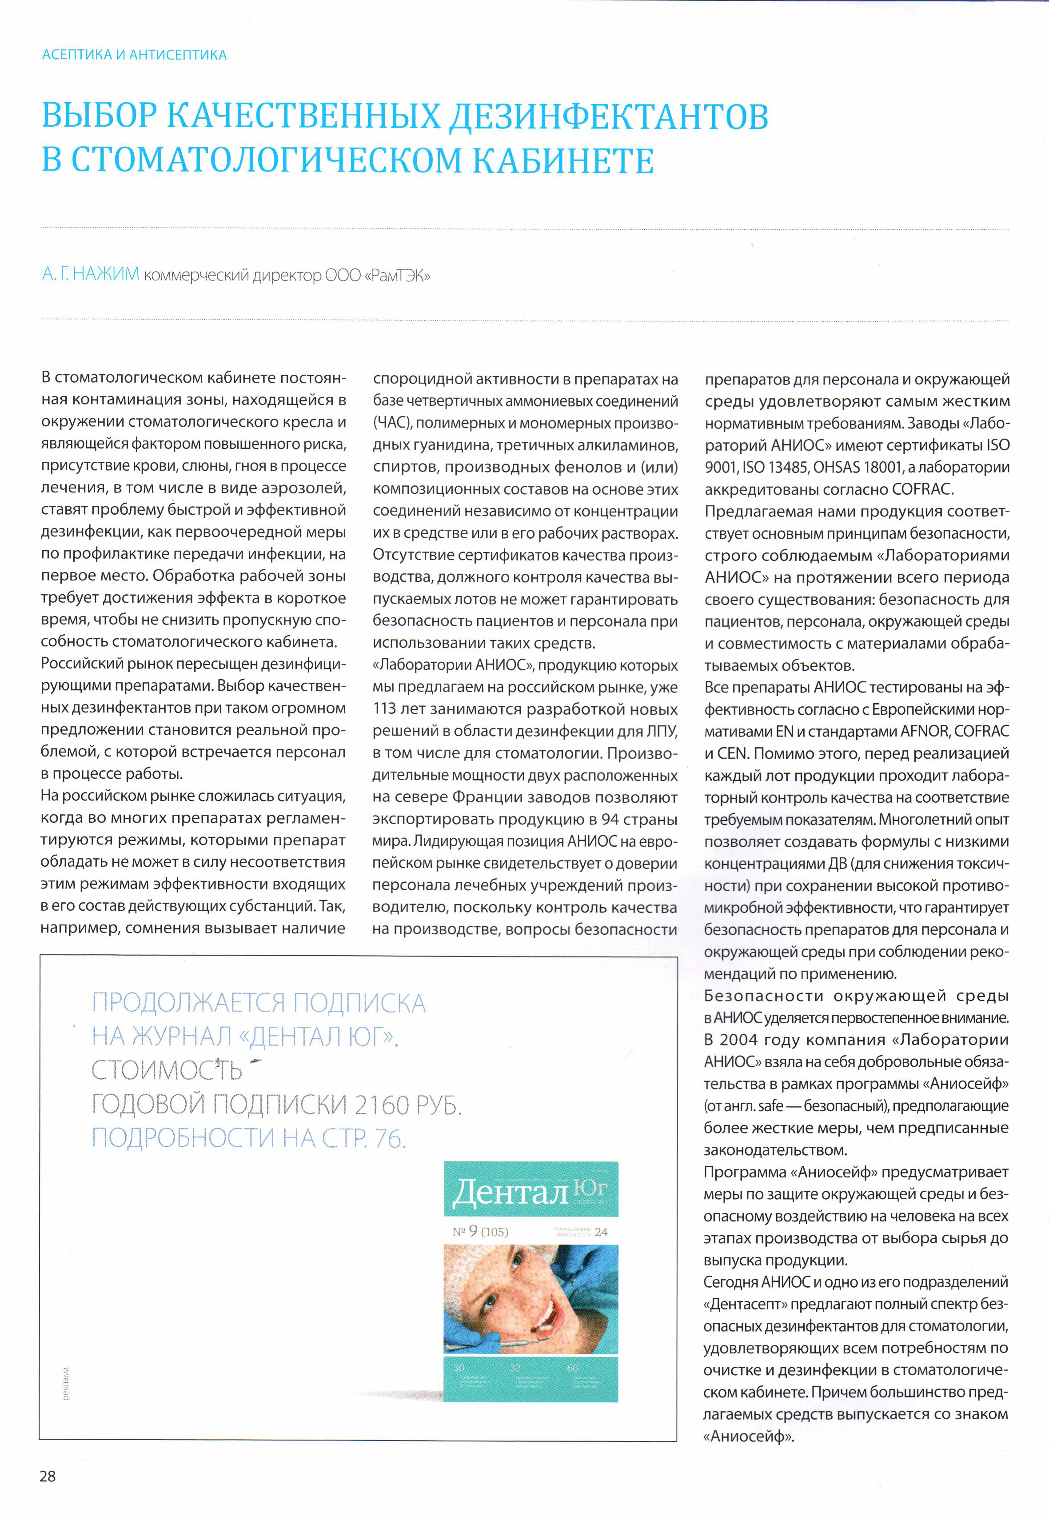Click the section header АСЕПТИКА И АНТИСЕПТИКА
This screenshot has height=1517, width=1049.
click(134, 55)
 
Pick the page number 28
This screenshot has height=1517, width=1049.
click(48, 1476)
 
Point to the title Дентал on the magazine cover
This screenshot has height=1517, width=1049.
click(510, 1191)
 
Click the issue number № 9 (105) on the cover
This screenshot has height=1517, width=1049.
click(480, 1232)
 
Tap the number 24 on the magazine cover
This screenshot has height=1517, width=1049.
click(601, 1232)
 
